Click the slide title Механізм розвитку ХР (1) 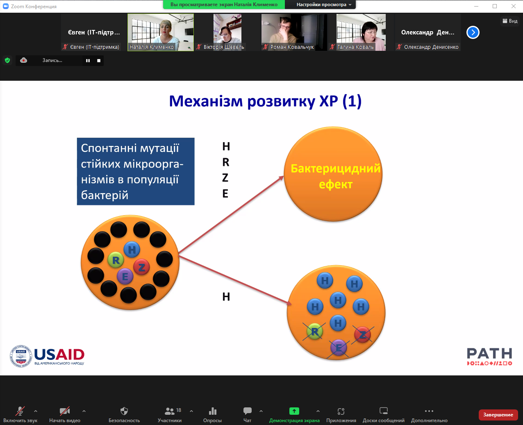[265, 101]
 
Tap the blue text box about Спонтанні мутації [136, 171]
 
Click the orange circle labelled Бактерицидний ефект [333, 174]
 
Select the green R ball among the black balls [116, 260]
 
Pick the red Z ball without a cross [141, 268]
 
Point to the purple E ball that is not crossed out [125, 277]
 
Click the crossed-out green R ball [314, 331]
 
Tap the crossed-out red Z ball [363, 335]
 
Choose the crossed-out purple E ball [339, 348]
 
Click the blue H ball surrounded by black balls [132, 249]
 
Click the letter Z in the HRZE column [225, 178]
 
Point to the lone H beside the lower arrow [226, 297]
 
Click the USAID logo [47, 356]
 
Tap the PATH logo [489, 356]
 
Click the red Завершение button [498, 415]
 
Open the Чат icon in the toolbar [248, 411]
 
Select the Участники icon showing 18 [170, 411]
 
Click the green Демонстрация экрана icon [294, 411]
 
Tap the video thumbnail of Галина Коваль [361, 32]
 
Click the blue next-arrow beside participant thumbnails [473, 32]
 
